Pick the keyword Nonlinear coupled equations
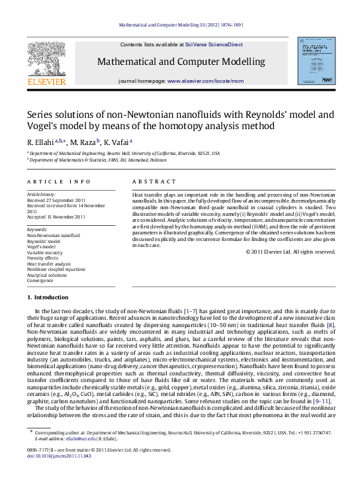[56, 270]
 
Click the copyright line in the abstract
[291, 251]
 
